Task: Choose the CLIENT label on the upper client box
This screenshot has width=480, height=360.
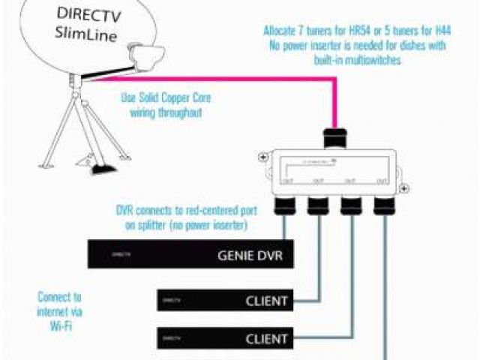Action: pos(266,301)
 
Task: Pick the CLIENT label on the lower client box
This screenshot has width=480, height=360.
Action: pos(266,339)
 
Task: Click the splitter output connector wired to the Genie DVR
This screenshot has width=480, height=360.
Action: pos(286,204)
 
